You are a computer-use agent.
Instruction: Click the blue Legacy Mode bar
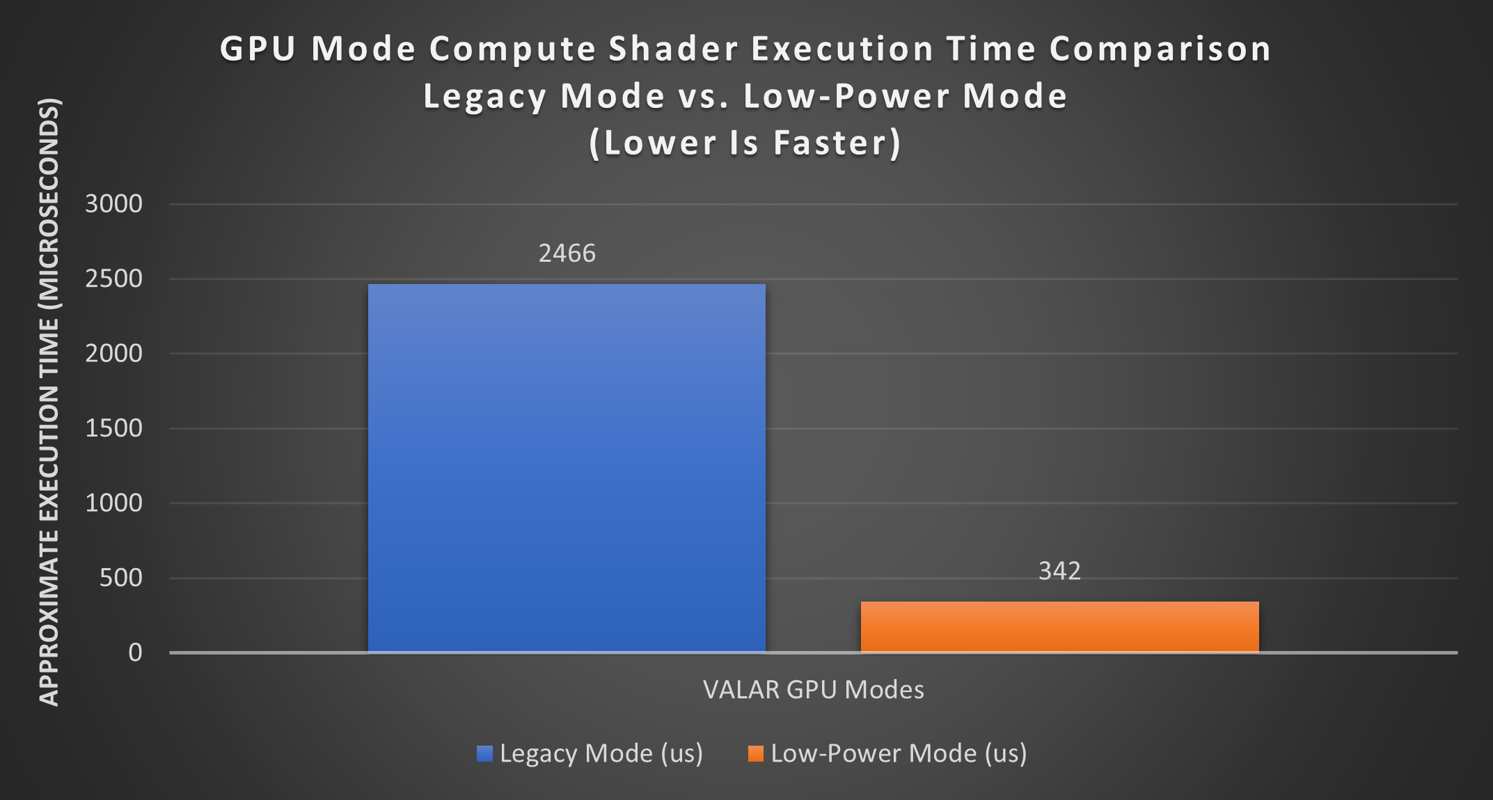[567, 468]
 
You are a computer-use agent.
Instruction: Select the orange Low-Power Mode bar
[1059, 627]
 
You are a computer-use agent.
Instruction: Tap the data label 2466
[567, 253]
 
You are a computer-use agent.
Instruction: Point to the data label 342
[1059, 571]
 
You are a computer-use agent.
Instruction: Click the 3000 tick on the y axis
[113, 204]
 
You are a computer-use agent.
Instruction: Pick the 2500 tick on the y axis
[113, 279]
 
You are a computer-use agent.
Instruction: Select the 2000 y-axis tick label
[113, 354]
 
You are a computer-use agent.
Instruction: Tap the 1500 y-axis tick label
[113, 428]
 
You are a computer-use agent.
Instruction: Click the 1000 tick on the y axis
[113, 503]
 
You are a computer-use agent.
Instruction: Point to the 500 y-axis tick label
[120, 578]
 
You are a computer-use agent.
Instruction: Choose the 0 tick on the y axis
[135, 652]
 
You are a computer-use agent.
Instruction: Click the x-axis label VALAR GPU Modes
[813, 689]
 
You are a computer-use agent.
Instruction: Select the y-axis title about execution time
[49, 402]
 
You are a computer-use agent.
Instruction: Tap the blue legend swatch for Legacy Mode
[484, 753]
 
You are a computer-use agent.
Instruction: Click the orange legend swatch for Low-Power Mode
[755, 753]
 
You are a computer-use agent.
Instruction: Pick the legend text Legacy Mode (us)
[601, 753]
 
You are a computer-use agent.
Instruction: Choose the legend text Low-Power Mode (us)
[899, 753]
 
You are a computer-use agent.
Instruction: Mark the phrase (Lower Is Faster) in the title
[745, 143]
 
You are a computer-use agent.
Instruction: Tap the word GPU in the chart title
[258, 49]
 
